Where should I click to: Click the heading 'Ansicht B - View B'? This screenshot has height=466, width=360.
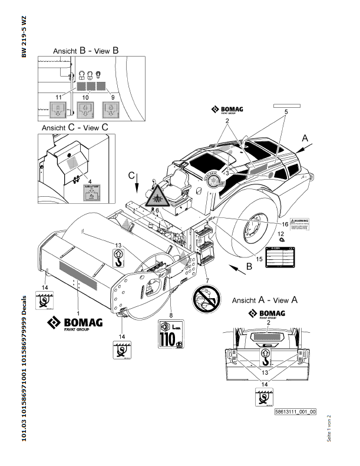coord(86,51)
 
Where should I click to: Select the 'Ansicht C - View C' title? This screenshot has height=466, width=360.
coord(75,127)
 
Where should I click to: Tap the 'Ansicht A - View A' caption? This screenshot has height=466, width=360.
coord(265,299)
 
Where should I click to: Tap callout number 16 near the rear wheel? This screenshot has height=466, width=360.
coord(285,224)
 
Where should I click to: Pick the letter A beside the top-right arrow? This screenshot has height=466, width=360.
coord(305,137)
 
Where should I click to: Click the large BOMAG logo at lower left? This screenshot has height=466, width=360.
coord(75,323)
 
